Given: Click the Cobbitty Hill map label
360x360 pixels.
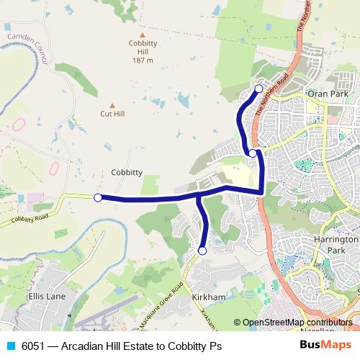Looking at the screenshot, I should click(x=143, y=51).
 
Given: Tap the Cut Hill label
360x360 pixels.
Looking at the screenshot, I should click(x=112, y=113).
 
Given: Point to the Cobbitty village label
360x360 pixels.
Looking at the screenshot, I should click(x=126, y=172).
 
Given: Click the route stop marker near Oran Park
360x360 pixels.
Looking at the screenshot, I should click(x=259, y=89).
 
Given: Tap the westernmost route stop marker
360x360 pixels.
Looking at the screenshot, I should click(x=98, y=197).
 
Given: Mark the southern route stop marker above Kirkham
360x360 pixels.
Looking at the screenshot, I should click(x=202, y=251).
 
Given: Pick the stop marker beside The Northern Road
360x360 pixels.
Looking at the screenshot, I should click(x=253, y=153).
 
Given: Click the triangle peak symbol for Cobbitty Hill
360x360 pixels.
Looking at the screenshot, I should click(x=143, y=35).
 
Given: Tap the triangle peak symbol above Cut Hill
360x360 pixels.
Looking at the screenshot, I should click(x=112, y=104).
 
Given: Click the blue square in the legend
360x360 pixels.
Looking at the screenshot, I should click(x=9, y=346).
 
